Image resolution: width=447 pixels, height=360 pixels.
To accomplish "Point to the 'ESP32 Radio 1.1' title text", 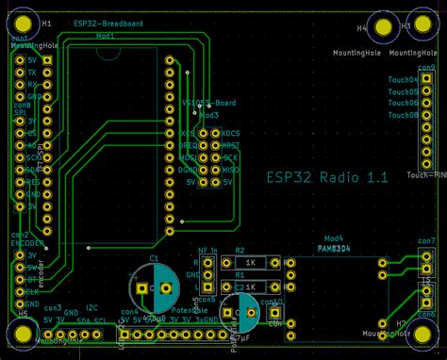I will coord(326,176).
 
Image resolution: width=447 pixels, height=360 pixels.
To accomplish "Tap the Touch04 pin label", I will coord(403,81).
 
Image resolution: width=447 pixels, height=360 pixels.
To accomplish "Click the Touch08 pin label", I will coord(403,114).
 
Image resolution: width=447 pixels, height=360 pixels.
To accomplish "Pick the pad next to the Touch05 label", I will coord(427,92).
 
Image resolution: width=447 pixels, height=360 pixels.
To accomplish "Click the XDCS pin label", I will coord(231,134).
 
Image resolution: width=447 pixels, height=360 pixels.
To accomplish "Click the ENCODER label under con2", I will coord(26,242).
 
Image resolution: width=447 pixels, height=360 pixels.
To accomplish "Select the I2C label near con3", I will coord(91,307).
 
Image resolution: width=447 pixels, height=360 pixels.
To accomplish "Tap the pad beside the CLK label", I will coord(44,291).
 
